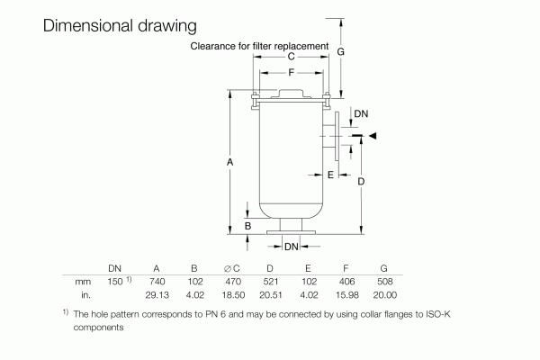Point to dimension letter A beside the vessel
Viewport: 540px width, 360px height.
[x=230, y=161]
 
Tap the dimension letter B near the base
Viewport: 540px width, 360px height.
[x=247, y=225]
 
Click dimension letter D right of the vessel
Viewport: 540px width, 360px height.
[x=361, y=181]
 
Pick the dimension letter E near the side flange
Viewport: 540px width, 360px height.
[x=331, y=174]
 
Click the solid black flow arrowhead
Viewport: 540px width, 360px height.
[x=373, y=136]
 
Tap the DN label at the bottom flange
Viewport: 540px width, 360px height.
[x=291, y=246]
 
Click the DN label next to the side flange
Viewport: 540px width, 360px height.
[x=360, y=114]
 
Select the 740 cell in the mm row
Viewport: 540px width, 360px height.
[x=157, y=282]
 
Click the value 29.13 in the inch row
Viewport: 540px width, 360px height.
[x=157, y=294]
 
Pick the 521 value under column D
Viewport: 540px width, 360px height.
[x=271, y=282]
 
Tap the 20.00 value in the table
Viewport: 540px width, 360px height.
[x=384, y=294]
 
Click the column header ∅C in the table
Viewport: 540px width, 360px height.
[x=231, y=268]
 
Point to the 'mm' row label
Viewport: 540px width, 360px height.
[x=83, y=282]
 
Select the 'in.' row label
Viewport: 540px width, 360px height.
[x=86, y=294]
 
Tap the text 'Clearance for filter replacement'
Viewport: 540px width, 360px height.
[x=259, y=45]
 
